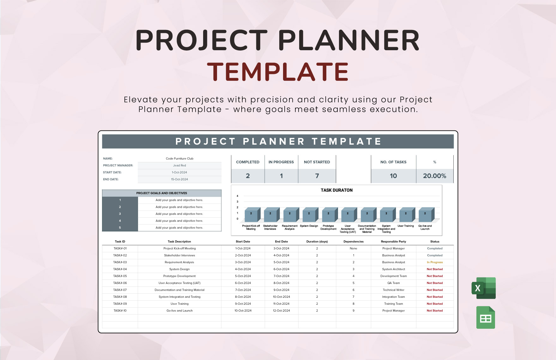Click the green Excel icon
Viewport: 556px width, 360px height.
click(x=484, y=288)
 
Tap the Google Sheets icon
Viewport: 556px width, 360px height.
click(x=486, y=317)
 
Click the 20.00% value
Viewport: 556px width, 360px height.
click(x=434, y=176)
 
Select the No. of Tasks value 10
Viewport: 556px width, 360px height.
click(x=393, y=176)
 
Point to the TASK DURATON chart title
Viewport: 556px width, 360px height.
click(x=336, y=190)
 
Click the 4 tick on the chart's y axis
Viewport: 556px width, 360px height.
click(x=238, y=196)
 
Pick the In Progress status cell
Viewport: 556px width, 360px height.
click(x=435, y=262)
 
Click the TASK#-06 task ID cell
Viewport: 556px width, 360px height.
click(x=120, y=283)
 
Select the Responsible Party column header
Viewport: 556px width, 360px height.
click(x=393, y=242)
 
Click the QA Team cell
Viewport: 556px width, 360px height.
click(x=393, y=283)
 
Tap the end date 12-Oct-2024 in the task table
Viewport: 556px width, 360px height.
click(x=281, y=311)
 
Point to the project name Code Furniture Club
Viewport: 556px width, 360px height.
click(x=179, y=159)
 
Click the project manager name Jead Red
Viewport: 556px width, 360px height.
click(x=179, y=165)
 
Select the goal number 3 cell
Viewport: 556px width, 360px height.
click(x=120, y=214)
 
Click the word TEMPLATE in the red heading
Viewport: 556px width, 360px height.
click(x=278, y=72)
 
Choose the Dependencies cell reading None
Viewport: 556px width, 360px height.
click(x=353, y=249)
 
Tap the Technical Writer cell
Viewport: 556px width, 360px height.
click(x=393, y=290)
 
